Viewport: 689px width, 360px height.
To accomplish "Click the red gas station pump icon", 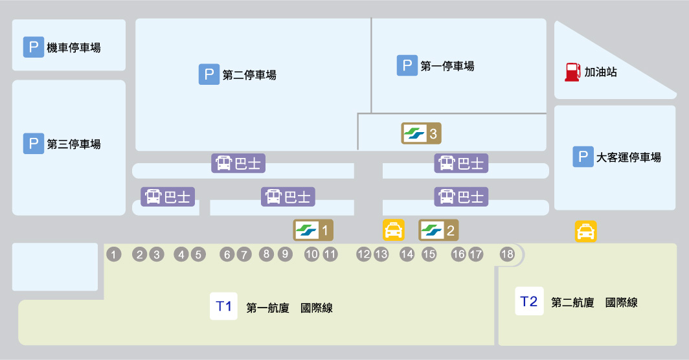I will tap(572, 72).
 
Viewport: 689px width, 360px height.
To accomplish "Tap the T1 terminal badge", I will tap(224, 306).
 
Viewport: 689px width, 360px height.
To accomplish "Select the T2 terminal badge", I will tap(529, 301).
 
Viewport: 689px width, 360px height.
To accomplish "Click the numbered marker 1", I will tap(114, 255).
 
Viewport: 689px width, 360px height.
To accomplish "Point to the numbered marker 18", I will tap(507, 254).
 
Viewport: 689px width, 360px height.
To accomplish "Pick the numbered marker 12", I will tap(363, 254).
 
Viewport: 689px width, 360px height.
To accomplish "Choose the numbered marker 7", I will tap(243, 255).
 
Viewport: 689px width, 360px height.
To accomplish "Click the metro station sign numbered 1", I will tap(314, 229).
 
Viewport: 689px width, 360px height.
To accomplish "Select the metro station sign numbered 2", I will tap(439, 229).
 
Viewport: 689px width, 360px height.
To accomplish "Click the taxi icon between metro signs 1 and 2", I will tap(394, 229).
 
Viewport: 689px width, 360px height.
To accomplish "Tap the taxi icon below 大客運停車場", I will tap(585, 232).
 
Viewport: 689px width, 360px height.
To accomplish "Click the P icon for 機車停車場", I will tap(33, 47).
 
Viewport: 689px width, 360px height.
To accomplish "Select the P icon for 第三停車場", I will tap(33, 144).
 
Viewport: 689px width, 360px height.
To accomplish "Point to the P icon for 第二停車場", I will tap(209, 74).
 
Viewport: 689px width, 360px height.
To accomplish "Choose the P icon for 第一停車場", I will tap(407, 65).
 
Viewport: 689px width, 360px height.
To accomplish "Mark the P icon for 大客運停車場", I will tap(583, 157).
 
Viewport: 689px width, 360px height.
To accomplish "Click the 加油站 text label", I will tap(600, 73).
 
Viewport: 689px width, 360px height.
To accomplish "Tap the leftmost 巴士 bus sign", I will tap(168, 197).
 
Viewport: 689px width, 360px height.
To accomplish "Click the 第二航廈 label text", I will tap(572, 302).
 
